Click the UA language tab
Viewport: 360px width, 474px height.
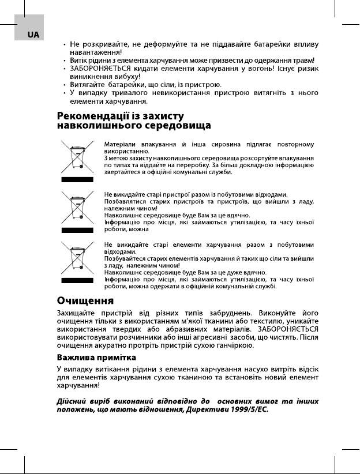tap(33, 35)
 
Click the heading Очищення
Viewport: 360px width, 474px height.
tap(85, 300)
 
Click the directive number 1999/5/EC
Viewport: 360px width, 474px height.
tap(249, 409)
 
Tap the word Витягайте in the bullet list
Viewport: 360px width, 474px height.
tap(89, 84)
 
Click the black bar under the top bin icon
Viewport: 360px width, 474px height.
tap(77, 180)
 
